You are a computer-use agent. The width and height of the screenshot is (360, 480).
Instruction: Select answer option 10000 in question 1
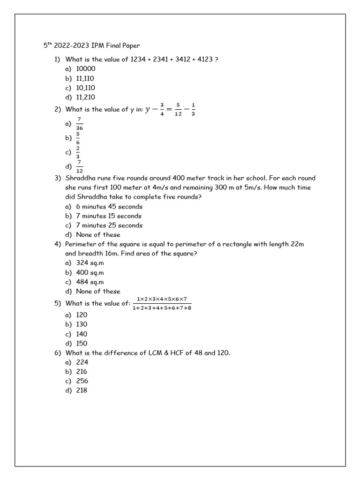click(x=85, y=69)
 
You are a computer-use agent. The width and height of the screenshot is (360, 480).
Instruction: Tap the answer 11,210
click(x=85, y=97)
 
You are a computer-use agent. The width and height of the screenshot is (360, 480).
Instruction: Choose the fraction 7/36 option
click(x=79, y=124)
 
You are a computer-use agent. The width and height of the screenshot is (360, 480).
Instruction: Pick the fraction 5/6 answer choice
click(x=78, y=138)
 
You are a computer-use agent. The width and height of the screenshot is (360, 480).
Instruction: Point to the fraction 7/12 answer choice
click(x=79, y=166)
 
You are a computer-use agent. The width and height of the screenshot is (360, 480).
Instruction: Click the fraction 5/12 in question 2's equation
click(x=178, y=109)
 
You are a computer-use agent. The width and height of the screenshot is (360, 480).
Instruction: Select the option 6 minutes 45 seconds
click(x=109, y=207)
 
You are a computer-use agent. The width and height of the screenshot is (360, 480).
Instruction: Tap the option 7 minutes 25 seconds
click(x=109, y=225)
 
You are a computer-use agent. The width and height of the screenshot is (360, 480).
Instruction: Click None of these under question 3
click(x=98, y=235)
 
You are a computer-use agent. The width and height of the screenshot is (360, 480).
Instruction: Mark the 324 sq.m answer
click(x=90, y=263)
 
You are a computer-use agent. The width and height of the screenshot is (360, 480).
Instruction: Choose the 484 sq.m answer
click(x=90, y=282)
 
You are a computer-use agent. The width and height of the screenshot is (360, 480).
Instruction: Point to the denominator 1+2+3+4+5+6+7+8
click(x=162, y=308)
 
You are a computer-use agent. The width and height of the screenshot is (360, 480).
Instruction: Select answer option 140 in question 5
click(x=82, y=334)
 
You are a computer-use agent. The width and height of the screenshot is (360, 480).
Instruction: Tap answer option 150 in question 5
click(x=82, y=343)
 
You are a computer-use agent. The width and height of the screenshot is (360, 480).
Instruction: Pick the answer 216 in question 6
click(x=82, y=371)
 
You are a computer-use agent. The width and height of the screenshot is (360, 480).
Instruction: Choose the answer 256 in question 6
click(x=82, y=381)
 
